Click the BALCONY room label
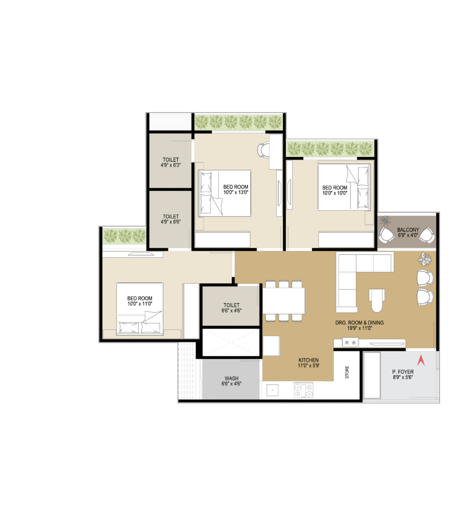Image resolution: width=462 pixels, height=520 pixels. click(408, 230)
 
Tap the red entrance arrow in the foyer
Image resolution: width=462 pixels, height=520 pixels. click(421, 361)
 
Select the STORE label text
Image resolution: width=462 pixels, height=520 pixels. click(347, 372)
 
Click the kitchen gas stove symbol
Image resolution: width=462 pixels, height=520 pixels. click(304, 390)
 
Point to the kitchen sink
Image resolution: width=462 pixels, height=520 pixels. click(273, 390)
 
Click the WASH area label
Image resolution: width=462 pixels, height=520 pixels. click(232, 378)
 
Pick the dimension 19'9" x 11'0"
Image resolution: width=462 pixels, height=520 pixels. click(359, 328)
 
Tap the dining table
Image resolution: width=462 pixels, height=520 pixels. click(284, 301)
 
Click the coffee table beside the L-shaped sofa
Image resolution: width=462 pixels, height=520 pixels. click(377, 300)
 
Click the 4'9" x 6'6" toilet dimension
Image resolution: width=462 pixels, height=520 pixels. click(170, 222)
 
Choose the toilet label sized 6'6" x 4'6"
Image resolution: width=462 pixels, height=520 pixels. click(232, 308)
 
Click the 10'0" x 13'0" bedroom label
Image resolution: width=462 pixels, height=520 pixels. click(236, 189)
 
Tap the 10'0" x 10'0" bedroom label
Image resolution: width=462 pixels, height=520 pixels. click(335, 190)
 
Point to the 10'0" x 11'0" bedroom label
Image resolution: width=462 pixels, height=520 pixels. click(140, 301)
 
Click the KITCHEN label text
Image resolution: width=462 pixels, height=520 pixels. click(309, 360)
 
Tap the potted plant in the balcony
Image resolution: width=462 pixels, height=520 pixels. click(386, 220)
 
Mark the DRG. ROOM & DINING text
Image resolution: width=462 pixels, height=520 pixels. click(359, 323)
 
